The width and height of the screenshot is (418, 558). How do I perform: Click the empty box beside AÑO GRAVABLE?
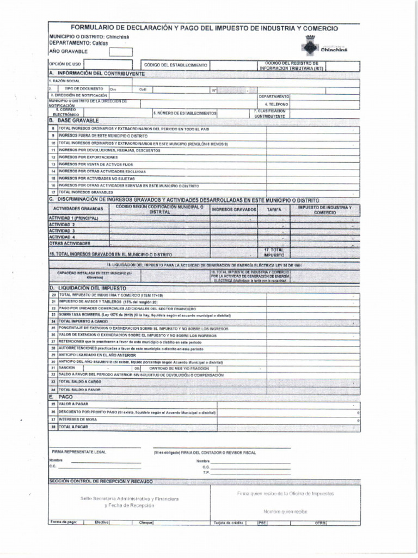point(120,52)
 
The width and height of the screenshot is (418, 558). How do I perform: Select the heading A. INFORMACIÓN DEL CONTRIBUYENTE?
point(97,73)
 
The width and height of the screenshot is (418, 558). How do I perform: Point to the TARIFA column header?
point(274,210)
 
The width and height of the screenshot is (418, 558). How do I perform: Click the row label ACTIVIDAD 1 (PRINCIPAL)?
point(73,218)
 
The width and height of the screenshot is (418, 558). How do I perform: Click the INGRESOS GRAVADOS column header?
point(233,210)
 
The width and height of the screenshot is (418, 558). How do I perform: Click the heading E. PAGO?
point(62,397)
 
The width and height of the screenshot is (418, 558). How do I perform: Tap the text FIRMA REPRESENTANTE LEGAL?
point(79,452)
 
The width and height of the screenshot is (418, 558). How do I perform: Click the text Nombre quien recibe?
point(285,512)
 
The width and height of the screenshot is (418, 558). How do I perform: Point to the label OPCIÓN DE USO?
point(65,64)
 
